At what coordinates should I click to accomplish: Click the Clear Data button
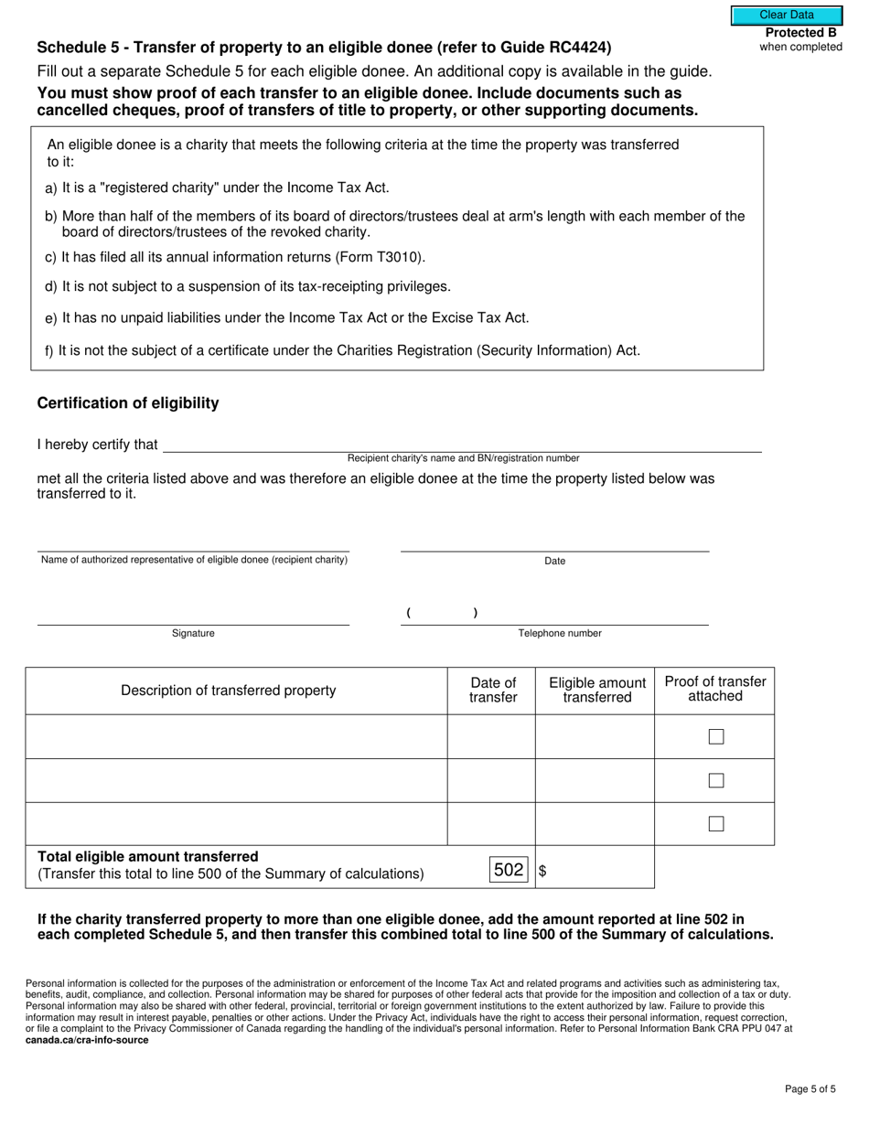[x=786, y=15]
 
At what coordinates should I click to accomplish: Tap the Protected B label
[x=800, y=33]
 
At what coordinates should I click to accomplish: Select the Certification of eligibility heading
[x=128, y=403]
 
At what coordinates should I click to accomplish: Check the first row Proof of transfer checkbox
[x=716, y=737]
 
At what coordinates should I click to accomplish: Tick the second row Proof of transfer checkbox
[x=716, y=781]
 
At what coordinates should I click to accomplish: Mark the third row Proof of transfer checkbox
[x=716, y=824]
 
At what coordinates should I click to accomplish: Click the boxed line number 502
[x=509, y=870]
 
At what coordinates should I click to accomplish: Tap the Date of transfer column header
[x=493, y=691]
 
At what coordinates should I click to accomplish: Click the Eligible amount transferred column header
[x=596, y=691]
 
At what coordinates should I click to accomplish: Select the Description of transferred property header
[x=229, y=691]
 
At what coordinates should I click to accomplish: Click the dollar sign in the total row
[x=542, y=872]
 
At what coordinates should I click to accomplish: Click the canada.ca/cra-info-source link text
[x=87, y=1041]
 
